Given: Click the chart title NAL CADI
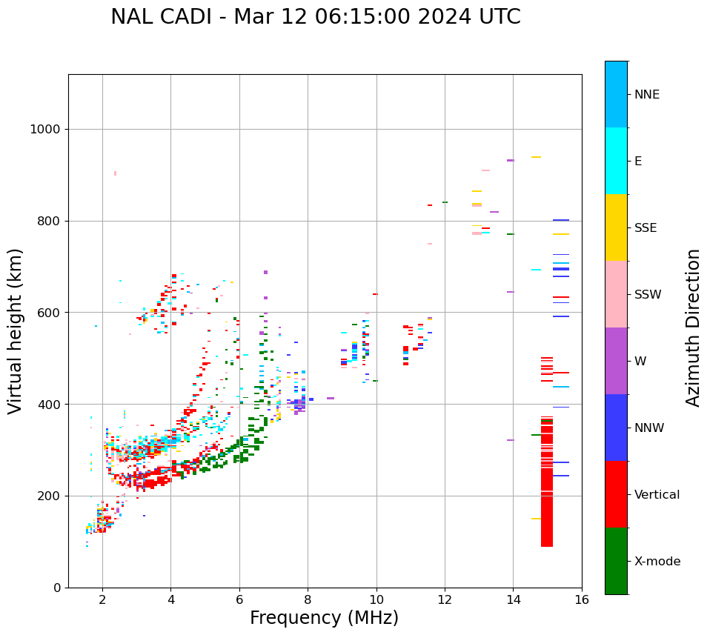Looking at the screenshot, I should click(x=315, y=17).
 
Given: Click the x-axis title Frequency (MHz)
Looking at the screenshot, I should click(x=324, y=618).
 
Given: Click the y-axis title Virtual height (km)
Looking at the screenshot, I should click(x=16, y=330).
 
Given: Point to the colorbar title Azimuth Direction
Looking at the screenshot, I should click(x=693, y=328).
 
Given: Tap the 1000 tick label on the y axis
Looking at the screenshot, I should click(x=44, y=130).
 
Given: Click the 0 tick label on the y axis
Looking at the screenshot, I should click(x=56, y=588).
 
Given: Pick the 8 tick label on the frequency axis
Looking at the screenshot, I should click(x=308, y=599).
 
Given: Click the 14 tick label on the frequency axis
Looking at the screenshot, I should click(x=513, y=599).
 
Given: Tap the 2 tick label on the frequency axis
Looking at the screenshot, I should click(x=102, y=599).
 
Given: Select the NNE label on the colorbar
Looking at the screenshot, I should click(x=646, y=95).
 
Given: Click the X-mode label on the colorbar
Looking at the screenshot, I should click(x=657, y=562).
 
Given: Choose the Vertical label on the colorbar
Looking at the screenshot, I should click(x=657, y=495).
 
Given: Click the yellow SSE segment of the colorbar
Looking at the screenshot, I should click(x=616, y=227).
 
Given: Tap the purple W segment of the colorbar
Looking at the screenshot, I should click(x=616, y=361).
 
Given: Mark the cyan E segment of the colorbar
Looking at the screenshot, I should click(x=616, y=161).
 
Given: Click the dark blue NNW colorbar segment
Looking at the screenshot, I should click(x=616, y=428).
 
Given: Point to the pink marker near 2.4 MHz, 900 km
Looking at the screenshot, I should click(x=115, y=173).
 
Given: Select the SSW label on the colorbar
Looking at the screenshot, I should click(x=648, y=295).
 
